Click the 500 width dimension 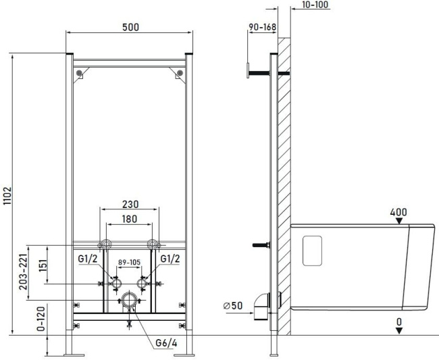131,27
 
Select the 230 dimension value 130,204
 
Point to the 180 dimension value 130,219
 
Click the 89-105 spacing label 129,262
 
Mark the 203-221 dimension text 24,272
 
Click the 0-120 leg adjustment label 41,319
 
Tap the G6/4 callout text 166,343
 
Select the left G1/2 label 88,259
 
